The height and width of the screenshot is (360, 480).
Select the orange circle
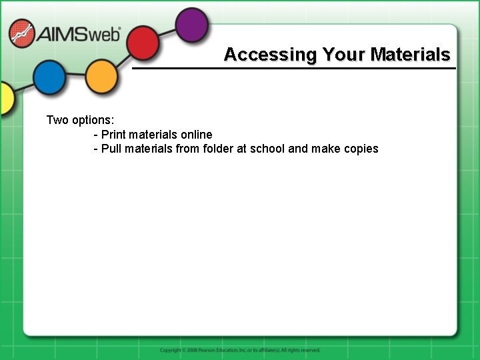[x=101, y=76]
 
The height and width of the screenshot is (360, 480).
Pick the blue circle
[x=49, y=77]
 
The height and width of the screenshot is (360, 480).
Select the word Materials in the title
[x=411, y=55]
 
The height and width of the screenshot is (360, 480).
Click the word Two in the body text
[x=57, y=120]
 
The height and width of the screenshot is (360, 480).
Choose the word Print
[x=113, y=135]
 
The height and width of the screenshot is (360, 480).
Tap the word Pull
[x=112, y=149]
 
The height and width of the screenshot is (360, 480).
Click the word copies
[x=361, y=149]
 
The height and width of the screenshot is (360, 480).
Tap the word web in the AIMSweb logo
[x=105, y=33]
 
